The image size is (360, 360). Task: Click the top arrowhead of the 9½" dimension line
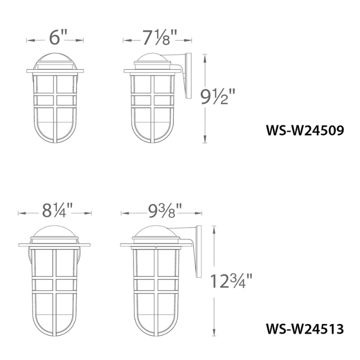pos(206,56)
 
